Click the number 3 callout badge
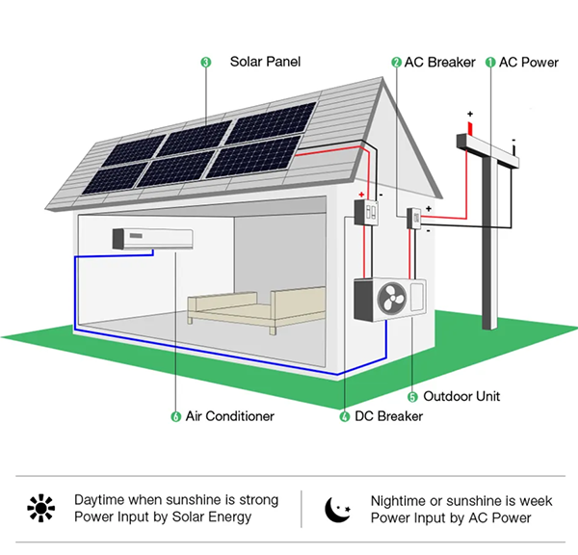tap(205, 62)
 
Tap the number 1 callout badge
tap(489, 62)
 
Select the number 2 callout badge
tap(396, 62)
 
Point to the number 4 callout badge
tap(345, 417)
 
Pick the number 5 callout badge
tap(412, 396)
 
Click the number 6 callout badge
tap(175, 416)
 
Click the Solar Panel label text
tap(265, 62)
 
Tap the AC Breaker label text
tap(439, 62)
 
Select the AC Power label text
tap(528, 62)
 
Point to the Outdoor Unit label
tap(461, 396)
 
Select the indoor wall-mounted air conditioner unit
tap(152, 237)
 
